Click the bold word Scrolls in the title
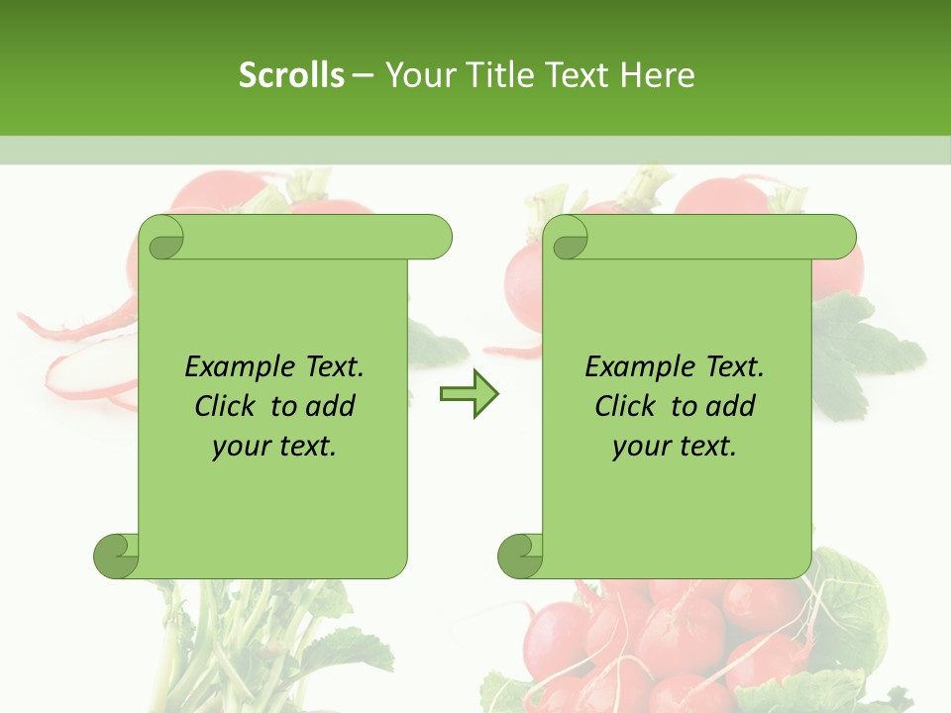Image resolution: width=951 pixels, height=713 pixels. click(x=291, y=75)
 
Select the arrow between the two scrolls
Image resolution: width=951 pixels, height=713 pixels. click(x=469, y=394)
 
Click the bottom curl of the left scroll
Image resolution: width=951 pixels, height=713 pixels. click(x=116, y=556)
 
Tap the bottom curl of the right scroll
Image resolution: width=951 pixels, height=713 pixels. click(x=520, y=556)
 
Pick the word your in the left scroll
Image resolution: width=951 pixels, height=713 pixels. click(x=241, y=447)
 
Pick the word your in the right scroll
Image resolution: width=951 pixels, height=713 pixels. click(x=641, y=447)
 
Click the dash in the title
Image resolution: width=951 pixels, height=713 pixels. click(x=363, y=75)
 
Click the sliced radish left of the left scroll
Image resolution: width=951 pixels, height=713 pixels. click(x=84, y=371)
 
